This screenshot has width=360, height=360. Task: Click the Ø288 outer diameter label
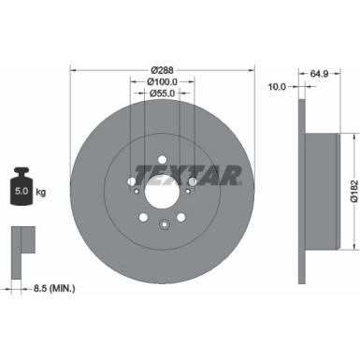tap(162, 69)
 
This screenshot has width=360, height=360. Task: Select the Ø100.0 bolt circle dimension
tap(162, 81)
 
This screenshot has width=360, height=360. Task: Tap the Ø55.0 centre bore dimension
tap(162, 94)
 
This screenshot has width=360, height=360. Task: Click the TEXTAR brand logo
tap(188, 173)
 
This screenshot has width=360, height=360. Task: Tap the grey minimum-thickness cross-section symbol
tap(21, 241)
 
